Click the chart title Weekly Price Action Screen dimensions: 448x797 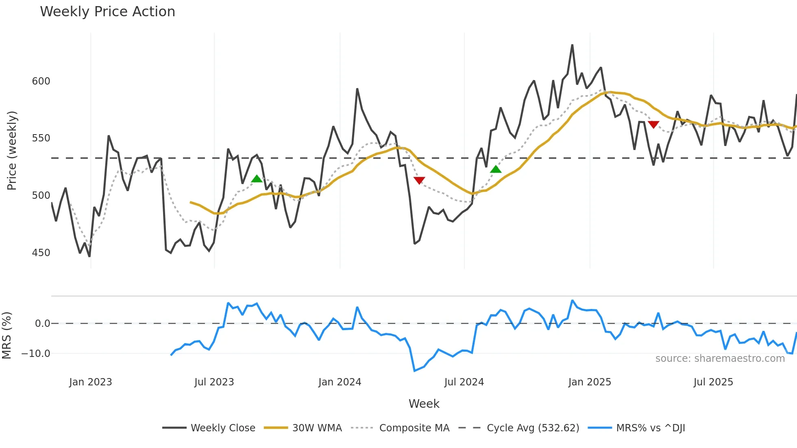[107, 12]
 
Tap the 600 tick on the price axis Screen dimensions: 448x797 [41, 81]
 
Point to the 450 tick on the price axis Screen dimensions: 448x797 [41, 253]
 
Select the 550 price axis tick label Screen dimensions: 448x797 [41, 138]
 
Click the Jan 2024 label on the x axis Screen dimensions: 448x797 [340, 382]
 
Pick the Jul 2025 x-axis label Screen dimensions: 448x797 [713, 382]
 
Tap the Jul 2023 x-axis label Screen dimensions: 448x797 [214, 382]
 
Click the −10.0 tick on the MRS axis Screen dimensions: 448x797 [36, 354]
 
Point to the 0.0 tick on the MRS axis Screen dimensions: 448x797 [42, 324]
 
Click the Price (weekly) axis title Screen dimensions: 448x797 [12, 150]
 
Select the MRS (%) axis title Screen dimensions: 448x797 [7, 335]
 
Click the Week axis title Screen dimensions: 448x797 [424, 404]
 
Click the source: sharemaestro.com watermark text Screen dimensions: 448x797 [720, 359]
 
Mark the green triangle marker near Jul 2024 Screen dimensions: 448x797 [496, 170]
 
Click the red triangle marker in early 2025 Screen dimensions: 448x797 [653, 124]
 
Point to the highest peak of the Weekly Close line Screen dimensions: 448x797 [572, 45]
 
